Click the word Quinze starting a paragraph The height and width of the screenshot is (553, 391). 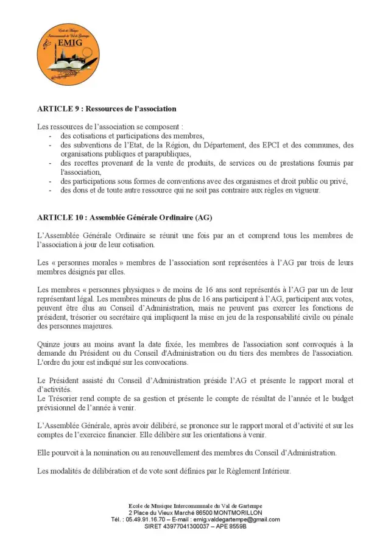(x=49, y=344)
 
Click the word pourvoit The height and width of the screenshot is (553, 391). (x=68, y=453)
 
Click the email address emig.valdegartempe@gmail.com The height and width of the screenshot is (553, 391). (x=236, y=520)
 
